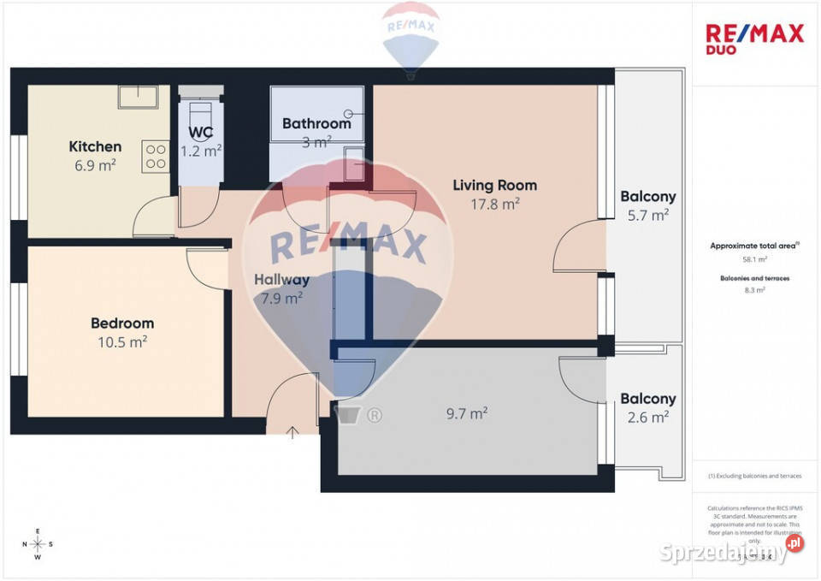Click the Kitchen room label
[95, 146]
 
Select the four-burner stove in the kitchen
[156, 156]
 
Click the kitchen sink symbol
[138, 97]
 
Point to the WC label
[201, 133]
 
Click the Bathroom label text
[316, 123]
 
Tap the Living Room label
[494, 185]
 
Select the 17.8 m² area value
[494, 204]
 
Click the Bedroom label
[122, 323]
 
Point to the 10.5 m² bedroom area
[122, 341]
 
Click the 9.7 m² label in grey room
[467, 413]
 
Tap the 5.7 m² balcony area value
[647, 216]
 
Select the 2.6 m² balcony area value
[647, 418]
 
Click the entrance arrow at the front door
[292, 432]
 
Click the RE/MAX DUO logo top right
[754, 39]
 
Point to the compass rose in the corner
[38, 544]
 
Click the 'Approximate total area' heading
[753, 246]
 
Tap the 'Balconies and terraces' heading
[753, 278]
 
